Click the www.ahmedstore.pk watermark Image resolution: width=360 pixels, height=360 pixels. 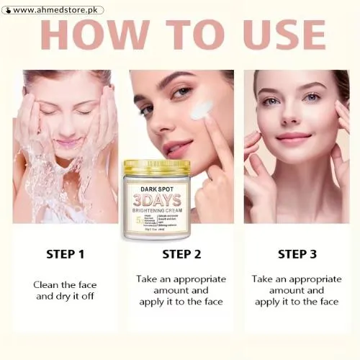point(57,10)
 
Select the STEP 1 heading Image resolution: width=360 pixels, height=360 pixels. point(66,254)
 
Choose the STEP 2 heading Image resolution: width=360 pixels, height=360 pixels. point(181,254)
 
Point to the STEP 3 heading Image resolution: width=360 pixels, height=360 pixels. point(297,254)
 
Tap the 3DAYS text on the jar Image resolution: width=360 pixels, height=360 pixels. point(156,199)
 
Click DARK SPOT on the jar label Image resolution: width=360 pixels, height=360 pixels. point(156,188)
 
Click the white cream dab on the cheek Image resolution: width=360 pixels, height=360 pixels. point(199,111)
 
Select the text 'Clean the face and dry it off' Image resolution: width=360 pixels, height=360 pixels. point(66,289)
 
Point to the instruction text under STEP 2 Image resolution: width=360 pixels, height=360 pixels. point(181,290)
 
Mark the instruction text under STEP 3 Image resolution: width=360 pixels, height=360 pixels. point(297,290)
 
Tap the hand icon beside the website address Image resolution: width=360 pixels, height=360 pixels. point(6,10)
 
